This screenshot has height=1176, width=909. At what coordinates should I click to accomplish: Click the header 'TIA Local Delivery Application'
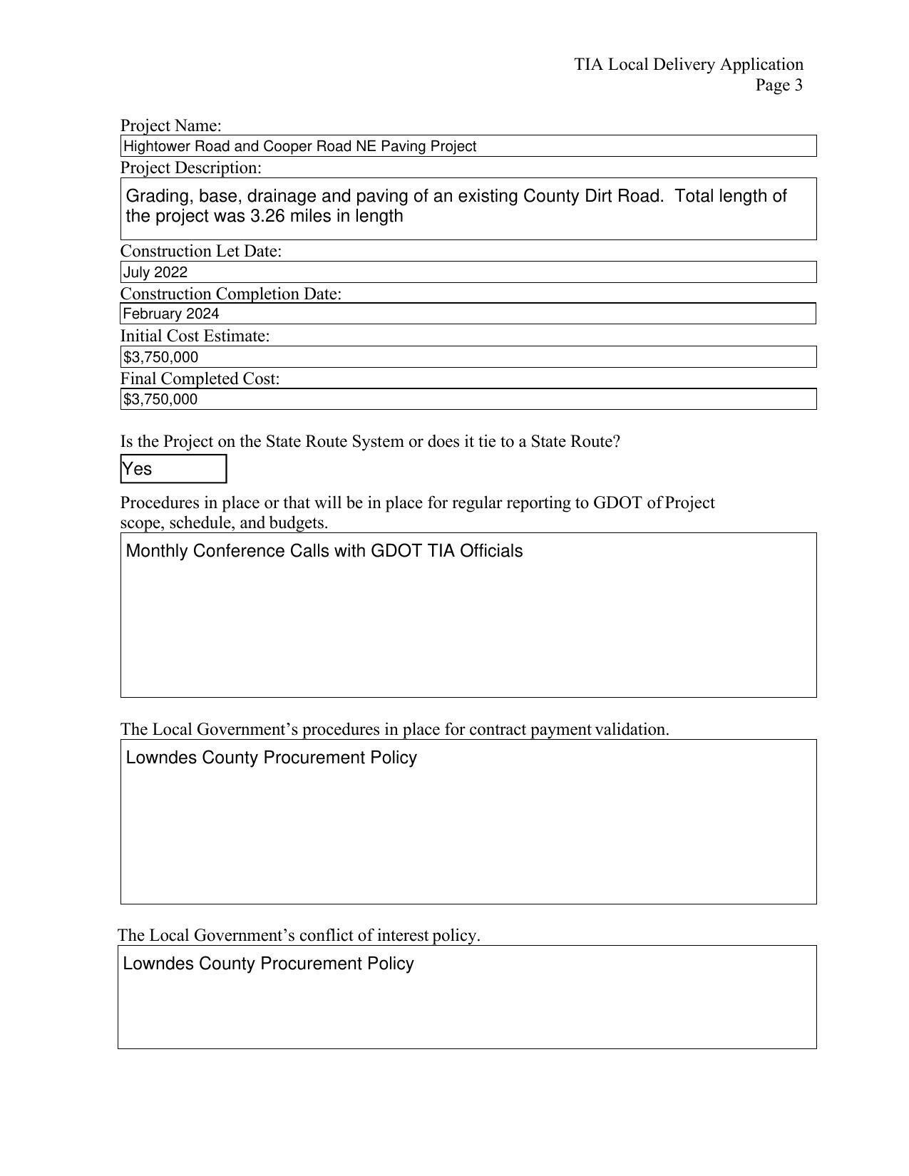point(689,65)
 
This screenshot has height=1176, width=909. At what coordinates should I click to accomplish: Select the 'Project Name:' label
point(170,126)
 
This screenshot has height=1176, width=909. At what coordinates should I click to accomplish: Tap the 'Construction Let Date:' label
point(200,252)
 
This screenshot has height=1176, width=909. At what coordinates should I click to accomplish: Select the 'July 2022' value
point(155,272)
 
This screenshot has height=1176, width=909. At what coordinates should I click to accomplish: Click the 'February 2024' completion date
point(171,314)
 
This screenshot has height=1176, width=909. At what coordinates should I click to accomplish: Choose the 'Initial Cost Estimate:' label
point(195,336)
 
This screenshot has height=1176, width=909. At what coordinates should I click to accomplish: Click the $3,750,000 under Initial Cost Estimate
point(161,357)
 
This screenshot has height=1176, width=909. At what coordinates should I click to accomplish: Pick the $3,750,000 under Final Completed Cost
point(160,399)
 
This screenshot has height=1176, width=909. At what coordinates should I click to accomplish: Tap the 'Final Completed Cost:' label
point(200,378)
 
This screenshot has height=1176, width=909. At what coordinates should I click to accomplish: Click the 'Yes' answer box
point(173,469)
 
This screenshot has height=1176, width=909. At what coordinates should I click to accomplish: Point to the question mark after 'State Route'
point(616,442)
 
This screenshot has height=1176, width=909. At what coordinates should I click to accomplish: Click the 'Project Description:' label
point(190,168)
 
